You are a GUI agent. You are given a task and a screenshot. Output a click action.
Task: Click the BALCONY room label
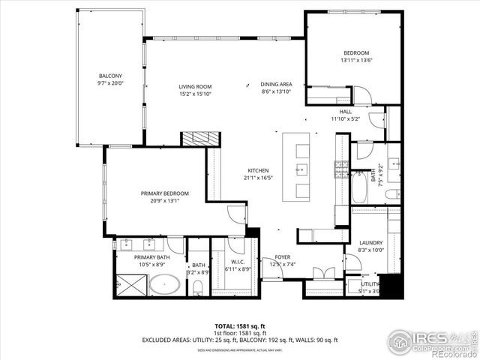(110, 76)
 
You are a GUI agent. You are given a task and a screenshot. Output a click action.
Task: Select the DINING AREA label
(276, 84)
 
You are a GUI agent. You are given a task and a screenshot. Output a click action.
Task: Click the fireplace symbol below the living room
(200, 139)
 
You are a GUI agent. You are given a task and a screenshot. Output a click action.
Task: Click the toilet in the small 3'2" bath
(198, 286)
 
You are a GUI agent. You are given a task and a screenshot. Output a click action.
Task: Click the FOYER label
(282, 256)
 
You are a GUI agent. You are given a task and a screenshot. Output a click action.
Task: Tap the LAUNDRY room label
(370, 243)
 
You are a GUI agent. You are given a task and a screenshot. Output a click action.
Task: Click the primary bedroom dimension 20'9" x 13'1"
(164, 201)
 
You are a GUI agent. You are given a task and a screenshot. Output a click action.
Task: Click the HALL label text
(345, 112)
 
